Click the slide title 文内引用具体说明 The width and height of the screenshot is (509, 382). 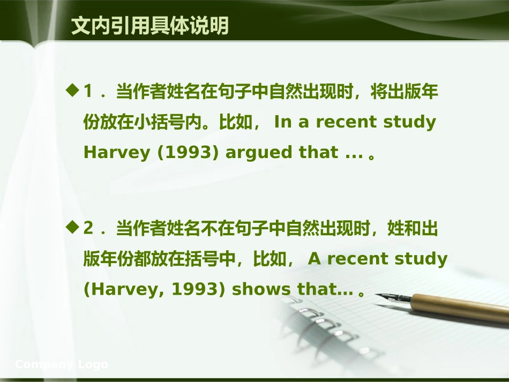tap(150, 26)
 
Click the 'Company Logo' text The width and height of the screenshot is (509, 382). tap(62, 365)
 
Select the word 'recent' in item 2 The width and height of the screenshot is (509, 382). tap(358, 259)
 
